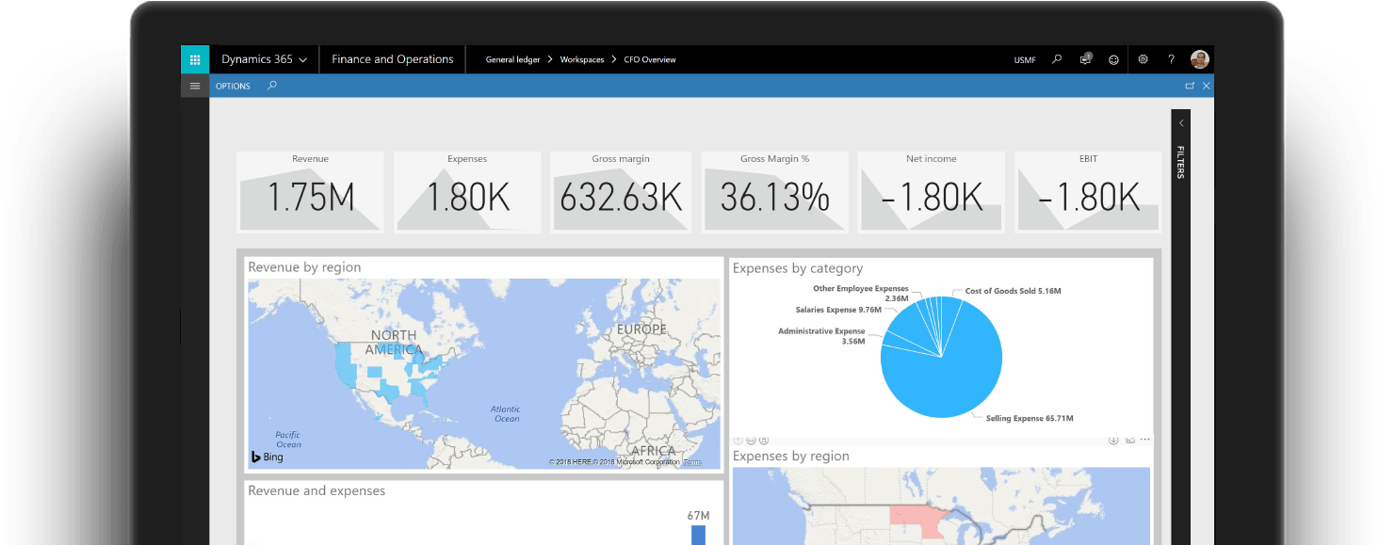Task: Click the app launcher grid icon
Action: coord(195,59)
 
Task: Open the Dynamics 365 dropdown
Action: coord(264,59)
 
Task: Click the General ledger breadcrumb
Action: coord(512,59)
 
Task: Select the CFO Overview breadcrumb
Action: coord(650,59)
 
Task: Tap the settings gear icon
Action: coord(1143,59)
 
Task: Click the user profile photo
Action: coord(1199,59)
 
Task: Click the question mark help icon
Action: coord(1171,59)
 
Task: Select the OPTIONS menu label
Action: coord(233,86)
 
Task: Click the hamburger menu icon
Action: coord(195,86)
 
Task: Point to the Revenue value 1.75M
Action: coord(310,198)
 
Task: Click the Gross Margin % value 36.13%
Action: coord(774,198)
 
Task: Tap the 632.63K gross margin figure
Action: coord(621,198)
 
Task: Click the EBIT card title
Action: coord(1088,159)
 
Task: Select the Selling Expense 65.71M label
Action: coord(1029,418)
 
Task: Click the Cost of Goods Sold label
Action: coord(1013,291)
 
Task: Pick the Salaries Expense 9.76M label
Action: coord(838,310)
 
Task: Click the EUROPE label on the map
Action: coord(641,329)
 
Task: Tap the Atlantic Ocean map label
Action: coord(506,413)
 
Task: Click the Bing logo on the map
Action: coord(267,457)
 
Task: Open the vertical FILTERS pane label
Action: coord(1180,162)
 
